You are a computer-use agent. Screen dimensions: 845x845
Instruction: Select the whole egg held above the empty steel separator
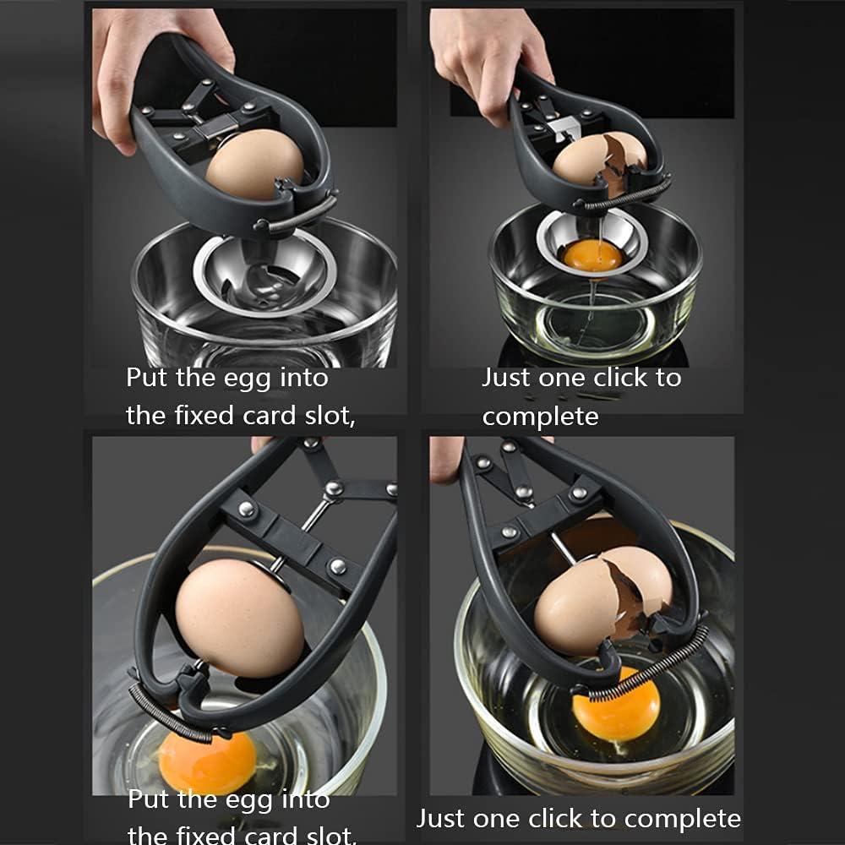253,165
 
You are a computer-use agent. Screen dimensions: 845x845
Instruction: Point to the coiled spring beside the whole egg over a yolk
169,714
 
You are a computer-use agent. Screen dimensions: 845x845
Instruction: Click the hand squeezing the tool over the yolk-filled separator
490,59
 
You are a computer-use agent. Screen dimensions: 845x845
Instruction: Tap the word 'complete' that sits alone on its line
540,417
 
